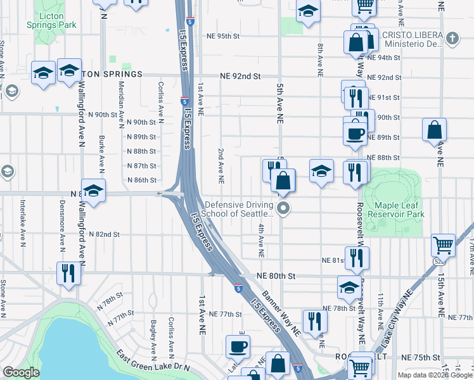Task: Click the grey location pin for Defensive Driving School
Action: (x=284, y=208)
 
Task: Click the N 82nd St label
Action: (x=104, y=234)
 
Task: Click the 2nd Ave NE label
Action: (x=221, y=166)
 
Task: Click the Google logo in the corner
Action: (x=21, y=372)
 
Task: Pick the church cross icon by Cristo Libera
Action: (x=452, y=39)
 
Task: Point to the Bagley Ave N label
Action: (x=154, y=336)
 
